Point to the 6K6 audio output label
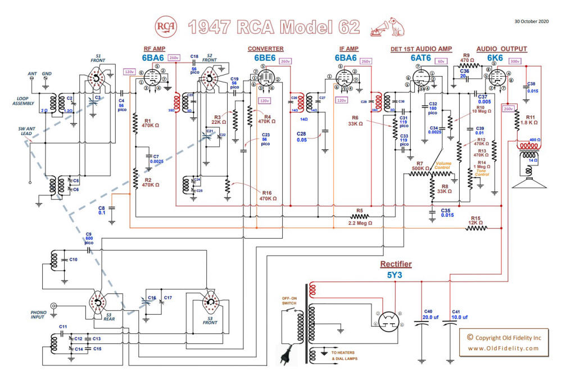493,58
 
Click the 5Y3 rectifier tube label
396,275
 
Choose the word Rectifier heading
396,264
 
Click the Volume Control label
443,167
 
